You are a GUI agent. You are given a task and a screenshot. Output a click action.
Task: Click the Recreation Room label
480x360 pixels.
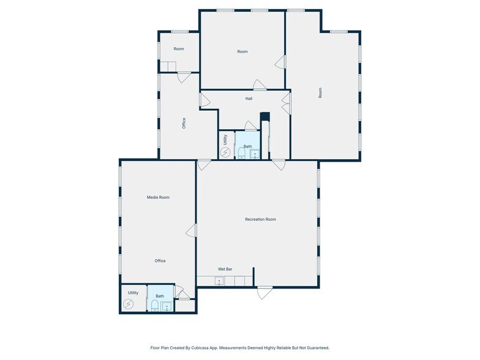pyautogui.click(x=261, y=219)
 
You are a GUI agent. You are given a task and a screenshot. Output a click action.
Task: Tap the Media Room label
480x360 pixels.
pyautogui.click(x=158, y=197)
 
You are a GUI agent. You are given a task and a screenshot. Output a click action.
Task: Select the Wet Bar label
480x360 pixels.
pyautogui.click(x=225, y=269)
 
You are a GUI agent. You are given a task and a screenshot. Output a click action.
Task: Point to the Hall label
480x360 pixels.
pyautogui.click(x=249, y=99)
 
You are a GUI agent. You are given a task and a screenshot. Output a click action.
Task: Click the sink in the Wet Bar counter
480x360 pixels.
pyautogui.click(x=219, y=281)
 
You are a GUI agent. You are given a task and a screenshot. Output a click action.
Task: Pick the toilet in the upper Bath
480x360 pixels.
pyautogui.click(x=242, y=153)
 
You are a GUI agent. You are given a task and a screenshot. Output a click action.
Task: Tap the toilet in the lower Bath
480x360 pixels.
pyautogui.click(x=155, y=306)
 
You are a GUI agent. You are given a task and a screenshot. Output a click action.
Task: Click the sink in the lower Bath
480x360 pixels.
pyautogui.click(x=167, y=306)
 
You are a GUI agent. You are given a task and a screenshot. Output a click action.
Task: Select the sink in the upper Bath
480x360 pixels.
pyautogui.click(x=255, y=154)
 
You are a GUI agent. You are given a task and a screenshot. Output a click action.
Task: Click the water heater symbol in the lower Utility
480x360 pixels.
pyautogui.click(x=129, y=304)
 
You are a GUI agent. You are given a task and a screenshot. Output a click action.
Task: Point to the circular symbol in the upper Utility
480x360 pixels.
pyautogui.click(x=225, y=152)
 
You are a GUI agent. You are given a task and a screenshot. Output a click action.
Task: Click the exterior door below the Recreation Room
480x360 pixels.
pyautogui.click(x=264, y=293)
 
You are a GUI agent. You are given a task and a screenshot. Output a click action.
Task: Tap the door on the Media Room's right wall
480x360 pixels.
pyautogui.click(x=191, y=230)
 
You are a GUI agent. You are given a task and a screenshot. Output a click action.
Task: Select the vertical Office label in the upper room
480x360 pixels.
pyautogui.click(x=184, y=123)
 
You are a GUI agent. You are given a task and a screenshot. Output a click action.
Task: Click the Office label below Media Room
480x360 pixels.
pyautogui.click(x=160, y=261)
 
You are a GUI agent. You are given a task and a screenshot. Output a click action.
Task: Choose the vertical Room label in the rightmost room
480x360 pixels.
pyautogui.click(x=320, y=93)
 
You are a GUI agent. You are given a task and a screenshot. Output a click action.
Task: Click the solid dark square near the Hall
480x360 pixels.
pyautogui.click(x=264, y=117)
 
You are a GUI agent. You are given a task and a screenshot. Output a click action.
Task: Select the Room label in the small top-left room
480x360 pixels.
pyautogui.click(x=179, y=49)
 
